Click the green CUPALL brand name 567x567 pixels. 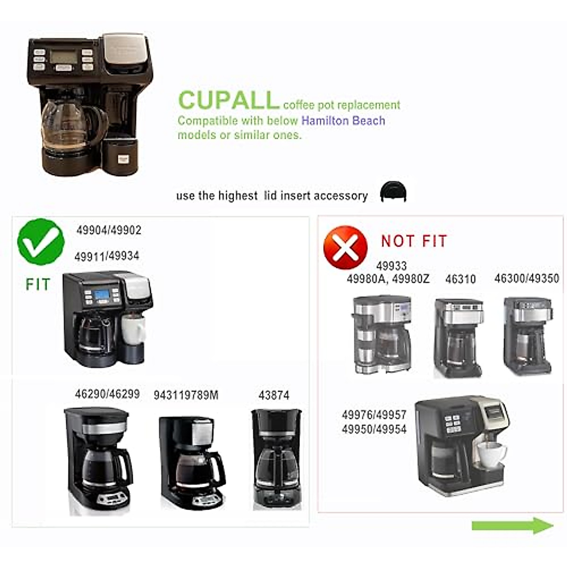pos(228,100)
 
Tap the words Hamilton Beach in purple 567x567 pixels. pos(343,120)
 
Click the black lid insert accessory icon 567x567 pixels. pos(393,191)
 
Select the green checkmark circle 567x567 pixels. pos(41,241)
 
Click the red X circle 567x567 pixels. pos(345,247)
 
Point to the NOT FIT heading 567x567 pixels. pos(414,241)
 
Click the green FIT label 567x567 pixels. pos(38,284)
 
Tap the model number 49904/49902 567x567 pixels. pos(109,230)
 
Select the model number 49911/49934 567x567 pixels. pos(107,256)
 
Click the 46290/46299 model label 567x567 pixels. pos(107,394)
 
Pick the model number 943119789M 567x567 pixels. pos(186,395)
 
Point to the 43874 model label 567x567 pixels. pos(274,395)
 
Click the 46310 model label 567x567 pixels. pos(460,279)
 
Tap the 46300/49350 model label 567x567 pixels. pos(526,278)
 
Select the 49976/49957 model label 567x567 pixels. pos(374,415)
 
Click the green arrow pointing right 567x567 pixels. pos(512,525)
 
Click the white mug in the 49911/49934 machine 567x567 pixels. pos(133,329)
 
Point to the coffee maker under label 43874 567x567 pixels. pos(276,458)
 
